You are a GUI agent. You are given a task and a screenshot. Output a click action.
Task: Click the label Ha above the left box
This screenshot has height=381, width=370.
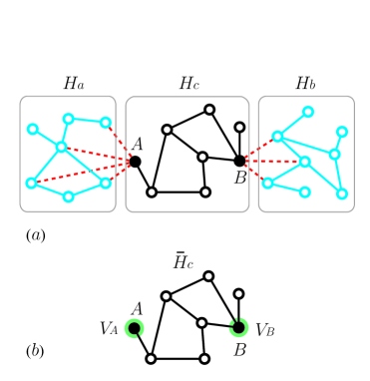[x=73, y=85]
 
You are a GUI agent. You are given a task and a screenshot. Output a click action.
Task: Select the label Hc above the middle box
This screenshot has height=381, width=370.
[x=189, y=84]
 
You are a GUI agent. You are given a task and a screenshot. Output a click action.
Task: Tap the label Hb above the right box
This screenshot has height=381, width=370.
[x=305, y=84]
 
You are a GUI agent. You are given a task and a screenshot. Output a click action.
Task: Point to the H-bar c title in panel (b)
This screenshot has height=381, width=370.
[x=184, y=261]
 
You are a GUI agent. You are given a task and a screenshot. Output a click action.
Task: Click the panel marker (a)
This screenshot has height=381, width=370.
[x=35, y=236]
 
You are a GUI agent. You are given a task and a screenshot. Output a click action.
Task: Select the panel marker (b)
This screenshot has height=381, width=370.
[x=35, y=350]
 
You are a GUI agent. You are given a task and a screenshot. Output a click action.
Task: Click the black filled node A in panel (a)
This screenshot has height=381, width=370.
[x=135, y=162]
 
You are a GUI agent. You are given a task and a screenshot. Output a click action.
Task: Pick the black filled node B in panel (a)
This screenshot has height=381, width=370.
[x=239, y=161]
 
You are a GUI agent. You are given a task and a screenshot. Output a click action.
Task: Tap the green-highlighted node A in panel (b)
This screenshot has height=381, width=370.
[x=135, y=328]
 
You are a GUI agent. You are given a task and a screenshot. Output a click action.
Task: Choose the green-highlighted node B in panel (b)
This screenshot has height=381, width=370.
[x=238, y=327]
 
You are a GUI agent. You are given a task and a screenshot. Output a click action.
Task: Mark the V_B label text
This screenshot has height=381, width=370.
[x=266, y=328]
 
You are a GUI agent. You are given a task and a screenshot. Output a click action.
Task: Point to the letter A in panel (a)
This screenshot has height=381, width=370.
[x=137, y=143]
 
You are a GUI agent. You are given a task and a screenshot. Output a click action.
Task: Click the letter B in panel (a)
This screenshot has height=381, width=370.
[x=240, y=179]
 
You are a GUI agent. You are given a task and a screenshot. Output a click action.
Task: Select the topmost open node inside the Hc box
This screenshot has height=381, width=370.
[x=209, y=110]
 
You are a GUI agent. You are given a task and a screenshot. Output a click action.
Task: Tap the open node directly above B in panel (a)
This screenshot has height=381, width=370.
[x=239, y=128]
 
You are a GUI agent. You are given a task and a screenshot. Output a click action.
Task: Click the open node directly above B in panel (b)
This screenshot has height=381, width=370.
[x=239, y=294]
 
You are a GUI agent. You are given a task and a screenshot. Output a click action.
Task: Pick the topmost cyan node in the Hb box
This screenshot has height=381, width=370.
[x=308, y=112]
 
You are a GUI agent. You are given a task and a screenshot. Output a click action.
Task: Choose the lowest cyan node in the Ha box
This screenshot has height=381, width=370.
[x=68, y=196]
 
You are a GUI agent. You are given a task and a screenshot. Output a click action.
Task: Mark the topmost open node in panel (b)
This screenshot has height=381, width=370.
[x=208, y=276]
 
